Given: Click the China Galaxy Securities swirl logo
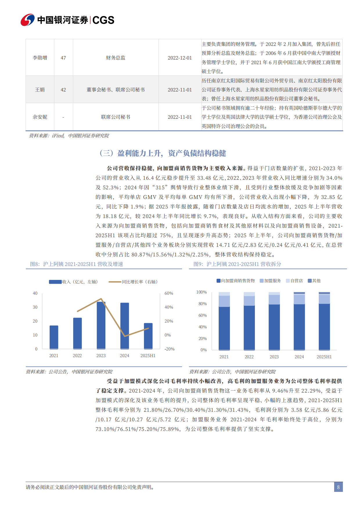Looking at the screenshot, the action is point(28,20).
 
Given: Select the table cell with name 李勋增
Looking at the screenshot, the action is point(40,58).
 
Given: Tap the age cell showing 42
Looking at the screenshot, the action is point(63,90).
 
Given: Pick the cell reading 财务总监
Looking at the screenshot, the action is point(116,58).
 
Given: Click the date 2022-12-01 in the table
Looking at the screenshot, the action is point(180,58).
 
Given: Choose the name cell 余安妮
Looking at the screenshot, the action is point(40,117).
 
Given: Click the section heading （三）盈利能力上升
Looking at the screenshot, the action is point(162,153).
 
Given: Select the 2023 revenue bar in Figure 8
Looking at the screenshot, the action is point(101,325).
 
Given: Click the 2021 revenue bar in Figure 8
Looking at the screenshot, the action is point(54,337).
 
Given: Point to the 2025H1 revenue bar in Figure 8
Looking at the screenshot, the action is point(148,336).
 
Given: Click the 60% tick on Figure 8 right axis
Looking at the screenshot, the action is point(169,293).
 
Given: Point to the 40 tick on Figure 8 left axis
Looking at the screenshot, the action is point(35,293).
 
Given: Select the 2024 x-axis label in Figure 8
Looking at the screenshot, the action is point(125,356).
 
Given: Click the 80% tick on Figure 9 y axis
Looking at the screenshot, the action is point(203,304).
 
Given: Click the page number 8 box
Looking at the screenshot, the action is point(338,487).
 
